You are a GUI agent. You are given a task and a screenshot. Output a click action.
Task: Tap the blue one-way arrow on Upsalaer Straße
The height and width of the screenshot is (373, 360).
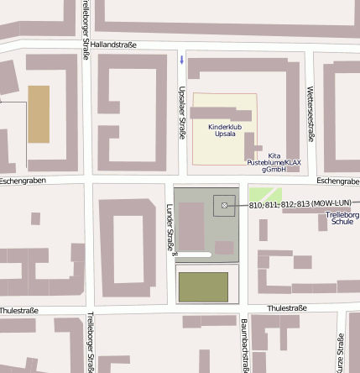182,59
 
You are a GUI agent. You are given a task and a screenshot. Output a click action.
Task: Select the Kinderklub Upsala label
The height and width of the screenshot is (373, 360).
224,130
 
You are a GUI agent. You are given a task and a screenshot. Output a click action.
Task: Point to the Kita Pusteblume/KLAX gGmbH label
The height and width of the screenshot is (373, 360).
274,162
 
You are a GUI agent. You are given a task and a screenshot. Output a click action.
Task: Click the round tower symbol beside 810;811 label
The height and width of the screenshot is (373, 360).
224,205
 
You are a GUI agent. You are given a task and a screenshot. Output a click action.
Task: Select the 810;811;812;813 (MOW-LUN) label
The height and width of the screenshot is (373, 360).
300,204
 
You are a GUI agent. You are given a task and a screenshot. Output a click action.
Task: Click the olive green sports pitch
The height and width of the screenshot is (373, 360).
203,287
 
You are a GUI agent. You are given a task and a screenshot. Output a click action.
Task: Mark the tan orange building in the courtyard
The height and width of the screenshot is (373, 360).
39,113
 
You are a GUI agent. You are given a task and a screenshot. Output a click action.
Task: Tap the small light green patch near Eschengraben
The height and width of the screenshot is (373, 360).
265,194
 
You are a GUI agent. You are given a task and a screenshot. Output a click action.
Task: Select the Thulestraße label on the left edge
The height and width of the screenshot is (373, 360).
19,311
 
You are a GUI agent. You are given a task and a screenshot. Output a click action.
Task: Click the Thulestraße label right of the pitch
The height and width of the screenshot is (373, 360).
286,308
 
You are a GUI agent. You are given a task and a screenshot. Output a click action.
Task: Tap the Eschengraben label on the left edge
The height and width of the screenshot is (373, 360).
21,181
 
